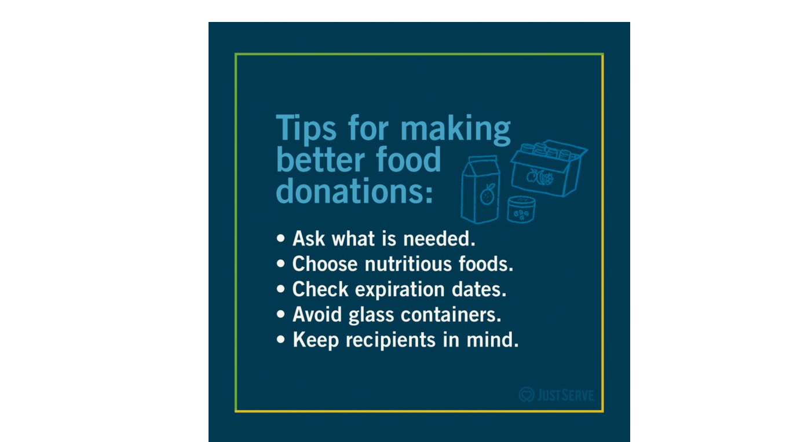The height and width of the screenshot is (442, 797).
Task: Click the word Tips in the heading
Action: click(306, 128)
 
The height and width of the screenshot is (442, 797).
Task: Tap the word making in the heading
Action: click(456, 128)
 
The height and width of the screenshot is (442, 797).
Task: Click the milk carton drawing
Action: click(480, 189)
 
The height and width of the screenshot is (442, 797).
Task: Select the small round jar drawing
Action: click(521, 209)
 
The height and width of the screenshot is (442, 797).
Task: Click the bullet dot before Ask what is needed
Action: click(281, 238)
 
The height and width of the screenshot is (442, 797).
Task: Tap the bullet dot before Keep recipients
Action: click(281, 340)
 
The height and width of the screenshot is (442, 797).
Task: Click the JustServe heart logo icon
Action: click(526, 395)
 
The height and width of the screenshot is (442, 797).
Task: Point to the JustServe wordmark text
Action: click(565, 396)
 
